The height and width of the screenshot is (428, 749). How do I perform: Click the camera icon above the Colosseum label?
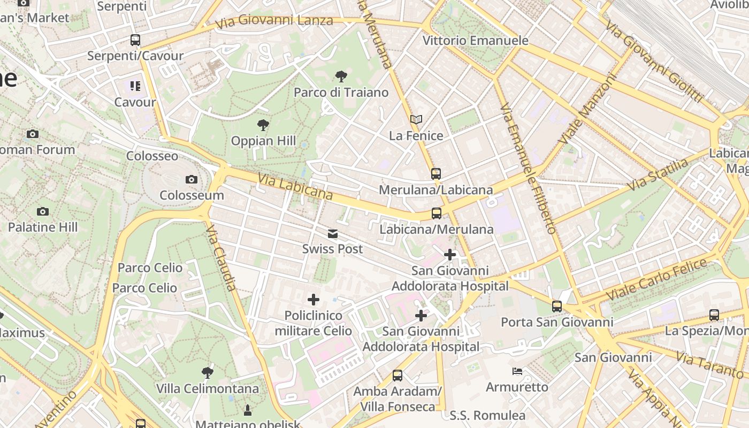[191, 179]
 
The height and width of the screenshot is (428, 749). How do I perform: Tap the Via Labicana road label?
[295, 186]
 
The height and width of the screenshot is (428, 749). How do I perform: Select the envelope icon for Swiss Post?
[333, 234]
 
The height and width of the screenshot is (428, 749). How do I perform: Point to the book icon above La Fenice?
[416, 120]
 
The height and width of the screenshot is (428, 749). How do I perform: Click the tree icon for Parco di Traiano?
[341, 77]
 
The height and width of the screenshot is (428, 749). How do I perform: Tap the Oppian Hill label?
[263, 141]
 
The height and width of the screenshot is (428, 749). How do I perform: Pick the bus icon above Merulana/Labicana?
[436, 174]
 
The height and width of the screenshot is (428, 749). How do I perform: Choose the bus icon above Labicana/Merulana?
[437, 213]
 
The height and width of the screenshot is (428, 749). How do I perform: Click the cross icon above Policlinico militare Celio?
[314, 300]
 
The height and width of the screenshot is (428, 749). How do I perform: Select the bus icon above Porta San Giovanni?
[557, 307]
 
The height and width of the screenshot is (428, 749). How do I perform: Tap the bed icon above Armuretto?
[517, 371]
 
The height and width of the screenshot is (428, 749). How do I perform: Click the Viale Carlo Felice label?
[658, 279]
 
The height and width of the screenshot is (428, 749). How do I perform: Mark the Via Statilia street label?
[658, 174]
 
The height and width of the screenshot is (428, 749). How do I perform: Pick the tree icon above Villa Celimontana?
[208, 373]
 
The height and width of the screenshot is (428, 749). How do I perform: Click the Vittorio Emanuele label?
[475, 41]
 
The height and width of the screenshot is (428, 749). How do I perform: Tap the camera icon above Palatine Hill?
[43, 212]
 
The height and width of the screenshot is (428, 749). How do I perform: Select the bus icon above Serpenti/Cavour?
[135, 40]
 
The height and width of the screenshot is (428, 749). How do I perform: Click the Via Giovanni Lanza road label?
[274, 22]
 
